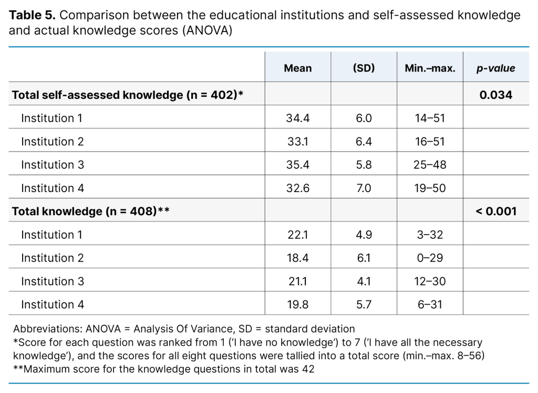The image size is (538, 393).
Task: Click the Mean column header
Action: (297, 68)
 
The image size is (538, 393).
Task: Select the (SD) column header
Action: (364, 68)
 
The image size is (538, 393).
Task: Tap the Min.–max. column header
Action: (430, 68)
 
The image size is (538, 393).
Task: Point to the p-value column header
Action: (495, 68)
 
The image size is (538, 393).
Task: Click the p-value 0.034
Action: (495, 95)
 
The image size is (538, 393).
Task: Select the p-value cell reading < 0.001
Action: (495, 211)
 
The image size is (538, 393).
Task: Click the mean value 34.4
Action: (297, 118)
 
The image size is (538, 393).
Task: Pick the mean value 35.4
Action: (297, 165)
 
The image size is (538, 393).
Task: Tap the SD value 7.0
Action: (364, 188)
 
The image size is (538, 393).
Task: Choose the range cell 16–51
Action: (430, 142)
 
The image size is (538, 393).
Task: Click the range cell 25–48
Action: (430, 165)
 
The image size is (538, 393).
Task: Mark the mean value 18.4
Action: (297, 258)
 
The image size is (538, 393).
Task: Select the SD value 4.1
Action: (364, 281)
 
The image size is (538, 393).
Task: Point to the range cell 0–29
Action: (430, 258)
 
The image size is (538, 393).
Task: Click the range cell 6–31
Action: (430, 304)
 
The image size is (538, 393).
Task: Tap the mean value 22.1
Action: (297, 235)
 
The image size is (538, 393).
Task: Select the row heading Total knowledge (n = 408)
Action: (89, 211)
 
